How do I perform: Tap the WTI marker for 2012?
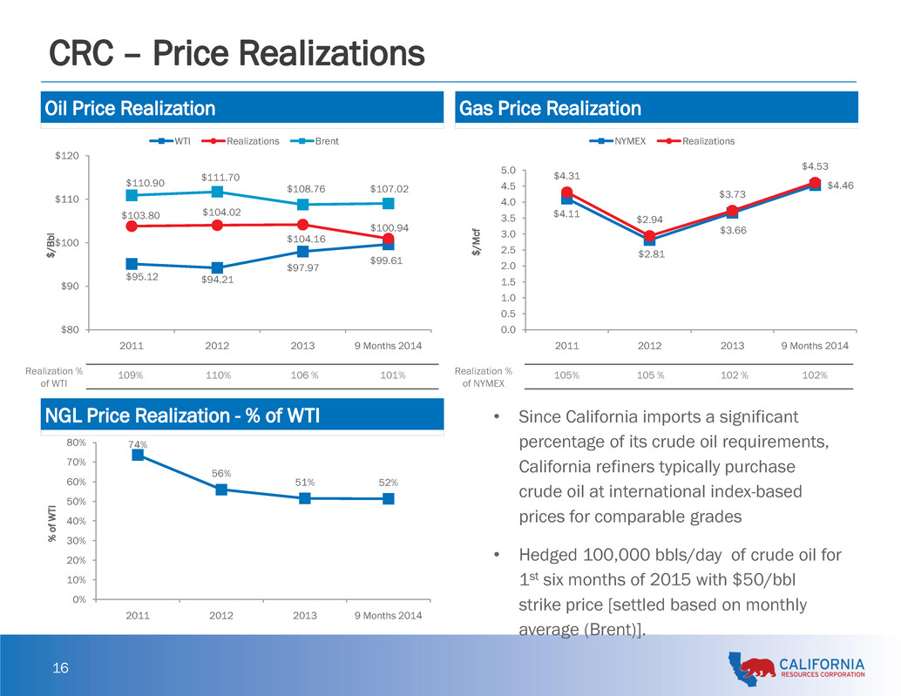pos(217,268)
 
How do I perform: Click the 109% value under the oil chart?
pos(132,375)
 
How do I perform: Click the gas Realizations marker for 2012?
pos(649,236)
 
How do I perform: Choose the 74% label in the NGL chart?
pos(138,444)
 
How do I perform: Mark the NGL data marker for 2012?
pos(221,490)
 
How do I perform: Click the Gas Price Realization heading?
pos(550,109)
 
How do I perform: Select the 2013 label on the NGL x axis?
pos(305,617)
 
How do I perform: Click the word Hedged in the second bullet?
pos(546,556)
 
